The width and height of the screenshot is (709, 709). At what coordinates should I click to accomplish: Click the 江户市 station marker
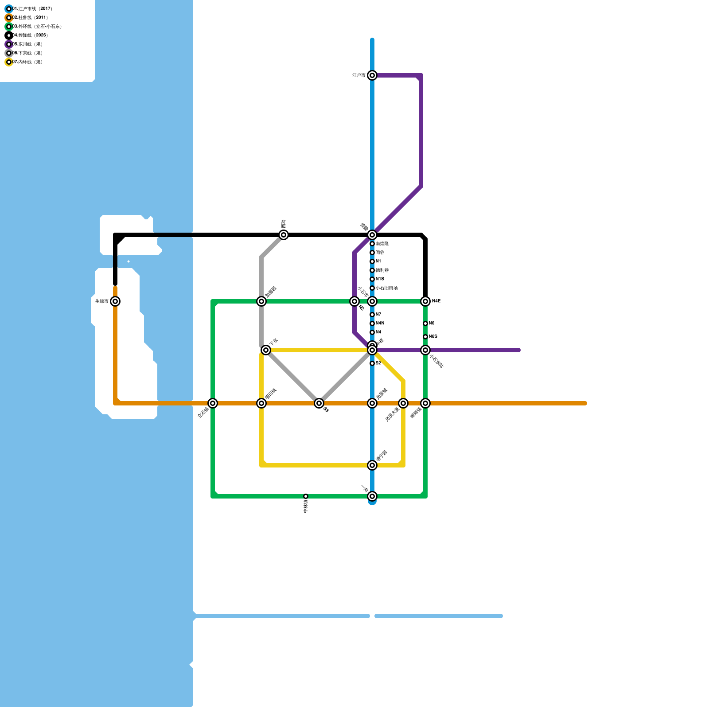coord(372,75)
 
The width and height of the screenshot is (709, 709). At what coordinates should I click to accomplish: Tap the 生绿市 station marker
coord(115,301)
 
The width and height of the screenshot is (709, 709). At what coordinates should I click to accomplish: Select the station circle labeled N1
coord(372,261)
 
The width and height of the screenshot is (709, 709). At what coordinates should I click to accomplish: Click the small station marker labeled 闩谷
coord(372,253)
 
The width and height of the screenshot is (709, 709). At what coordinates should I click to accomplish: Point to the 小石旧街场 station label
coord(386,288)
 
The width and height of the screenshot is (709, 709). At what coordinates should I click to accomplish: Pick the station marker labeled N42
coord(425,301)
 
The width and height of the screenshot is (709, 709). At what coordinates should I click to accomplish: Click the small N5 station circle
coord(425,323)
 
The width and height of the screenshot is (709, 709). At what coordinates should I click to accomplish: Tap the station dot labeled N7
coord(372,315)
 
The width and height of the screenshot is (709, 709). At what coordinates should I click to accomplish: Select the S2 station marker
coord(372,363)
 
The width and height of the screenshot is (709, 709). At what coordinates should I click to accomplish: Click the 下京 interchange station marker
coord(266,350)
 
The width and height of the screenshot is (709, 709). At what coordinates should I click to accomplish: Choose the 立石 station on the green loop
coord(213,403)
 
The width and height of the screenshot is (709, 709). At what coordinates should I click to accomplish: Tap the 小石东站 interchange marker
coord(425,350)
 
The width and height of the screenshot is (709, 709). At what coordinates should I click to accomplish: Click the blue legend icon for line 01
coord(9,9)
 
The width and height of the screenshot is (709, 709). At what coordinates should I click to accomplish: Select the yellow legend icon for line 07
coord(9,62)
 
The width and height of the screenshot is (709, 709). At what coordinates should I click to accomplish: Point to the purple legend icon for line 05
coord(9,44)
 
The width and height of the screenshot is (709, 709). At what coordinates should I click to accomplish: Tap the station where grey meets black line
coord(284,235)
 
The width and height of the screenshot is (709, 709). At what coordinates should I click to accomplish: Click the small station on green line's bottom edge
coord(306,496)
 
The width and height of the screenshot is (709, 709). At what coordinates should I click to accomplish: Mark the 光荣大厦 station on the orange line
coord(403,403)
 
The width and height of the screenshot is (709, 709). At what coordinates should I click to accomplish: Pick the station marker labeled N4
coord(372,332)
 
